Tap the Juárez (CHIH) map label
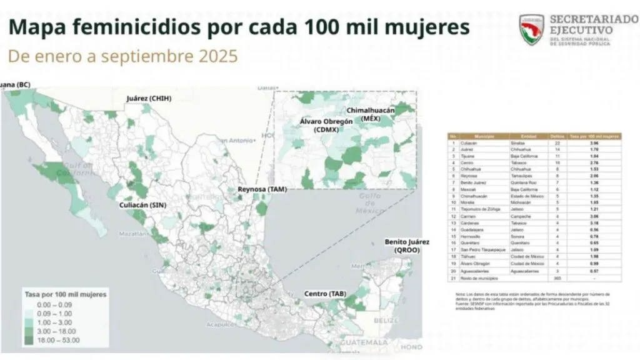coord(148,99)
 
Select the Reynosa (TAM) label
coord(262,189)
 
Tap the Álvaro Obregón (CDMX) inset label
coord(326,125)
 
